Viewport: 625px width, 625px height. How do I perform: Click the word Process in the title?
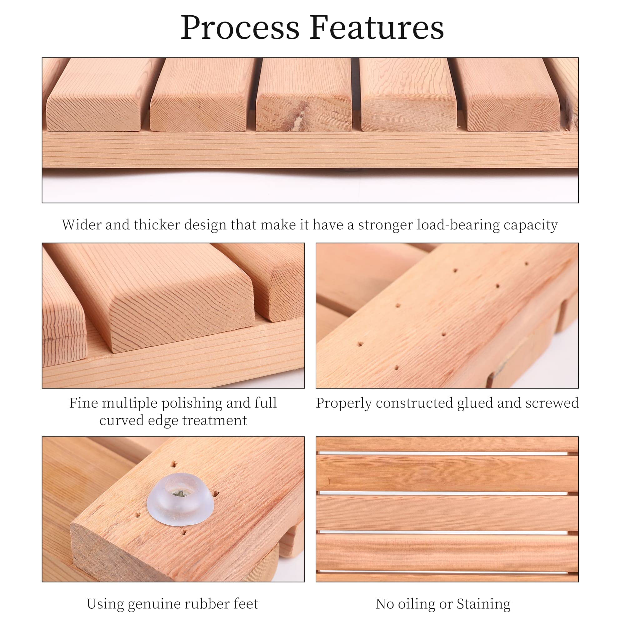click(239, 28)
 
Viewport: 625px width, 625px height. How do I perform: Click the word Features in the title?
click(377, 28)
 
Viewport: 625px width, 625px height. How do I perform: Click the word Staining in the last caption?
click(483, 604)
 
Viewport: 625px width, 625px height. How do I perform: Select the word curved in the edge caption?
click(121, 421)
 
